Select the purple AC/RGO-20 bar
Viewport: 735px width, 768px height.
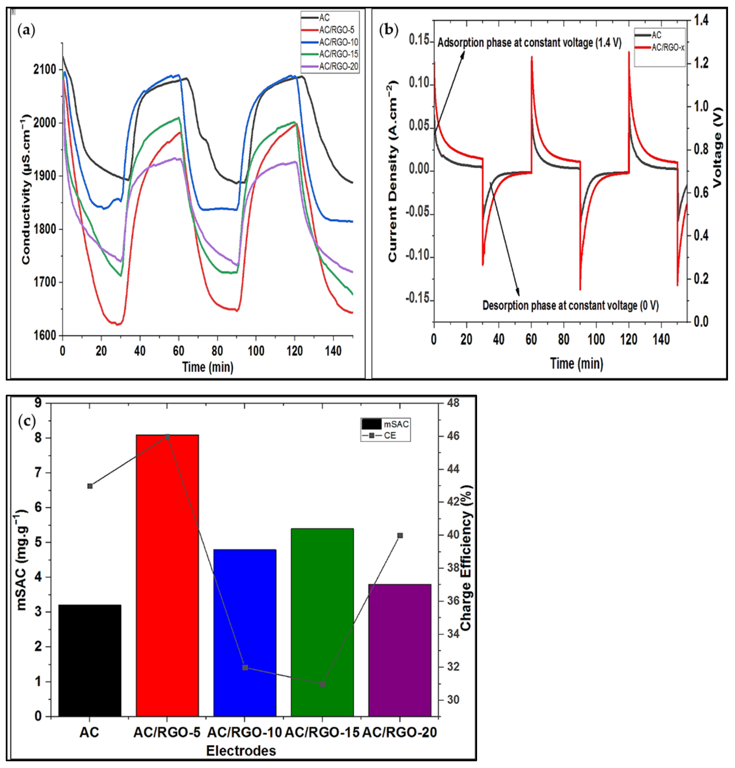tap(400, 651)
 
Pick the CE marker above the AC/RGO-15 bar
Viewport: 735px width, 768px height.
tap(322, 684)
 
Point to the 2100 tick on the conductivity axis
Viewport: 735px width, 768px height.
tap(45, 70)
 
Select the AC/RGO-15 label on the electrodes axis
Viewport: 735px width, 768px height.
tap(322, 732)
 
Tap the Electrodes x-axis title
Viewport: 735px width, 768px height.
tap(241, 751)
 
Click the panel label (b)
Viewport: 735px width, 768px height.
tap(389, 30)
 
